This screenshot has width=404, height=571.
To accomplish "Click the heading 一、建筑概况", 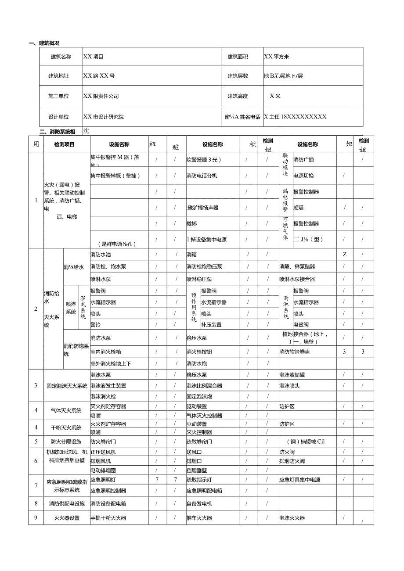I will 44,43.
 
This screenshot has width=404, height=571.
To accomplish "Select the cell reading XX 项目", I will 93,57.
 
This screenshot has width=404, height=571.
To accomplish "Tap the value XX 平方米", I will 277,57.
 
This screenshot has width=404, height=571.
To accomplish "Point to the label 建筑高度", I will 238,96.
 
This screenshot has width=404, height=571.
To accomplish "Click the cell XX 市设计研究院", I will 104,117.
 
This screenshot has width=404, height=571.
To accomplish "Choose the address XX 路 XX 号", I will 99,76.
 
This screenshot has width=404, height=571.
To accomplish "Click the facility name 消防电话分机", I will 202,176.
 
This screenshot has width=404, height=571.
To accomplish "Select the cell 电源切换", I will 303,176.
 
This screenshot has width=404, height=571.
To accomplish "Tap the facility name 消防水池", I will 101,255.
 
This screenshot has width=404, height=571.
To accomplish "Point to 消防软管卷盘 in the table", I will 298,352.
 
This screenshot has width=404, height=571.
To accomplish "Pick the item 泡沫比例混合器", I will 204,386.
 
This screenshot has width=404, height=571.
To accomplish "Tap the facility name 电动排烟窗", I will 104,470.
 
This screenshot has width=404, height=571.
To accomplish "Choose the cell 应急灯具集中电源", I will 299,480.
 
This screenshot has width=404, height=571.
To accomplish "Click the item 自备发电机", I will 199,504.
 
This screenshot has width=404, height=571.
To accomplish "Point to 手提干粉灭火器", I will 108,518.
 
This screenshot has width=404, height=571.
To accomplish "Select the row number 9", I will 36,517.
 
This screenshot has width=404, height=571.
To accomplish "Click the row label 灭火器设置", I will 67,518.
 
